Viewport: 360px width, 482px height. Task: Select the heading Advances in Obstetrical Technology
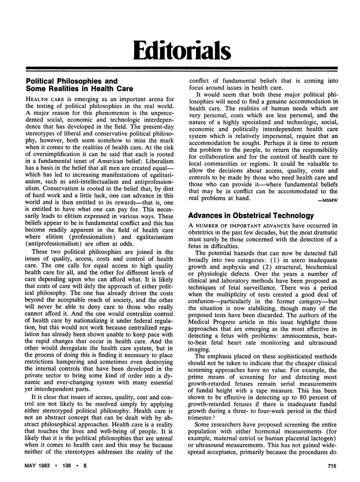pyautogui.click(x=251, y=216)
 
